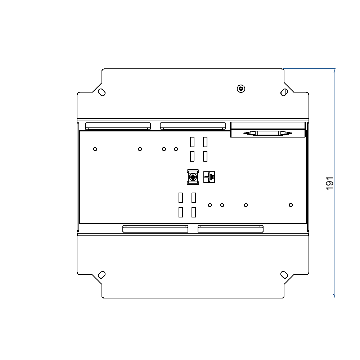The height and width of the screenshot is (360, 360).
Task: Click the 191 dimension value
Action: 330,183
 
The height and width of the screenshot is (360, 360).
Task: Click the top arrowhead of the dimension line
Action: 334,71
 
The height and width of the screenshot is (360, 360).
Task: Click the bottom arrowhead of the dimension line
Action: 334,296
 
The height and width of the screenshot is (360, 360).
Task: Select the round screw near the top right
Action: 241,89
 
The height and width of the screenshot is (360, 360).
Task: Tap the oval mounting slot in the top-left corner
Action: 102,92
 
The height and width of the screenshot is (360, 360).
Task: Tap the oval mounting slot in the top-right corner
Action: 284,92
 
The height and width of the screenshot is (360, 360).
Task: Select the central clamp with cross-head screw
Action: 193,177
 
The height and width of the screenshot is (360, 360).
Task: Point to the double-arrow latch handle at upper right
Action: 267,133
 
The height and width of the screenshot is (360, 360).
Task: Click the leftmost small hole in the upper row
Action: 95,149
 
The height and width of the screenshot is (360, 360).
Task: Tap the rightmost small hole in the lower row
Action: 291,205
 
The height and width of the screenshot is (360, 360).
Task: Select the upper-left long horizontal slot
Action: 118,126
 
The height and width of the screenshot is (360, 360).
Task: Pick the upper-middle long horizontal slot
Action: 193,126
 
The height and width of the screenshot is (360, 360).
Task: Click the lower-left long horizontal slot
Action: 155,229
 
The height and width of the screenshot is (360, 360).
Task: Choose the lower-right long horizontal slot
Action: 230,229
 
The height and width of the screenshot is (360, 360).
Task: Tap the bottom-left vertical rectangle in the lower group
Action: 181,212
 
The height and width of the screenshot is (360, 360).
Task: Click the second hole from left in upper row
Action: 140,149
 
